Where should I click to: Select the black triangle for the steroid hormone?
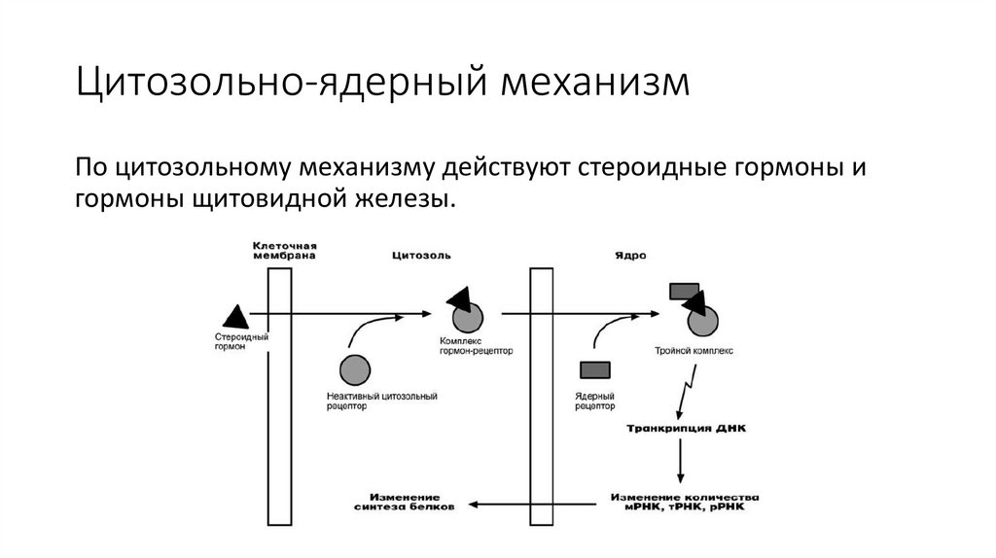(235, 315)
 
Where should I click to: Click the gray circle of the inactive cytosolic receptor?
(354, 369)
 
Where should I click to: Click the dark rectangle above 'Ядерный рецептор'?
(594, 368)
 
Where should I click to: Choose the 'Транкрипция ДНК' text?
(685, 429)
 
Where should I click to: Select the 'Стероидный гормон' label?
(241, 341)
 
